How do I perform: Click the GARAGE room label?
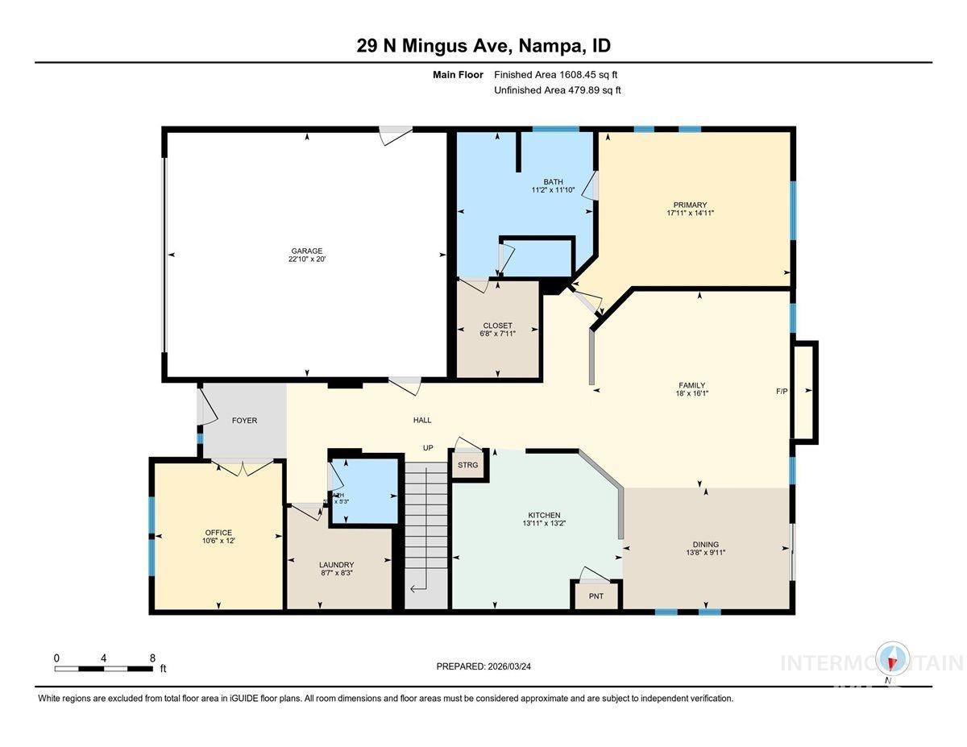[x=306, y=251]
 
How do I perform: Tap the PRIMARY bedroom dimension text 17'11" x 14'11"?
[x=691, y=214]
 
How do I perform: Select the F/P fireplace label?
[x=782, y=392]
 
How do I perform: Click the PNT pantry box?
[x=596, y=596]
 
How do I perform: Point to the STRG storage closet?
[x=467, y=465]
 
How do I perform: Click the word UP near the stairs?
[x=429, y=447]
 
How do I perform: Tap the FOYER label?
[x=244, y=421]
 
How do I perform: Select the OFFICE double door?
[x=240, y=467]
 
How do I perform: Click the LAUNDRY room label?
[x=336, y=565]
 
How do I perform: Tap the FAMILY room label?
[x=691, y=385]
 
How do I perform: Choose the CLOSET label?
[x=497, y=326]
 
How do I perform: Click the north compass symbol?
[x=893, y=660]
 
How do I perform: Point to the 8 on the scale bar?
[x=152, y=658]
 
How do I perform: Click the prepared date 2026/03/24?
[x=483, y=666]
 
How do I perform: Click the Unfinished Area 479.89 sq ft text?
[x=557, y=90]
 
